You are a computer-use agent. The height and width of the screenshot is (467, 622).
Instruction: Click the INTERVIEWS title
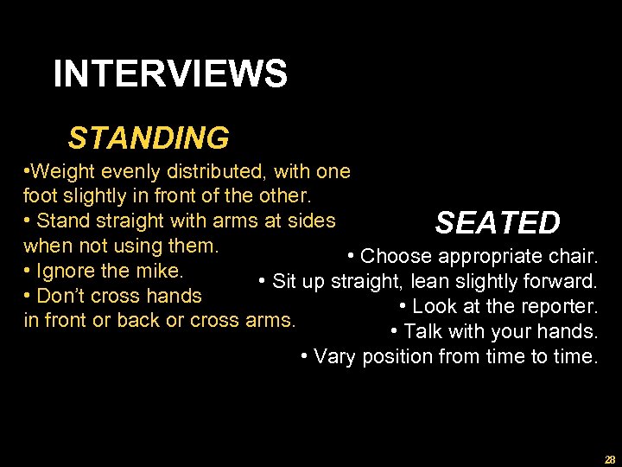point(170,74)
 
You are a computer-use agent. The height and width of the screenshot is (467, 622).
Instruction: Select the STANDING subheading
point(149,138)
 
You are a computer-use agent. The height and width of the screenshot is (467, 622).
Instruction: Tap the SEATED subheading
point(498,223)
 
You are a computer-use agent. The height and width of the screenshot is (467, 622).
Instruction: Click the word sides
point(312,221)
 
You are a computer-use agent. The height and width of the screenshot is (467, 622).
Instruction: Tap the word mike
point(159,270)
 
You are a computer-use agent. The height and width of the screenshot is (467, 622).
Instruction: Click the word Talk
point(423,331)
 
